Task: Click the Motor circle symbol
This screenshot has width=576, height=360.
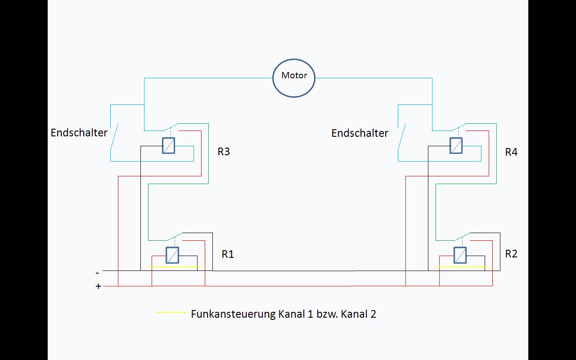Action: [x=294, y=77]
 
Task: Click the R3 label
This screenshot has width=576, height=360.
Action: [x=224, y=152]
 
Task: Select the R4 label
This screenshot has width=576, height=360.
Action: [x=511, y=152]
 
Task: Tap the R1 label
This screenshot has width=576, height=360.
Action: [x=228, y=254]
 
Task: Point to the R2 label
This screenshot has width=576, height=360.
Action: [x=511, y=254]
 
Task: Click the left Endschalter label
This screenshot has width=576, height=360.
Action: [x=79, y=133]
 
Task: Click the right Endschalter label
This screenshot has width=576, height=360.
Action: [x=360, y=133]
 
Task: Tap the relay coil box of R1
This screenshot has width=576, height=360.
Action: [x=172, y=255]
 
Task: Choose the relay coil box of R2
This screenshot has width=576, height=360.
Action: [x=460, y=255]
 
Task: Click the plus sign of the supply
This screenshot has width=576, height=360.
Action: [x=99, y=286]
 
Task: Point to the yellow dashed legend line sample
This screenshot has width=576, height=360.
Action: [x=171, y=312]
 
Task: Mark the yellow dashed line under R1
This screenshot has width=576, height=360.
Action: [x=174, y=267]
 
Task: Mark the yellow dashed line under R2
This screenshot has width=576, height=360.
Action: [x=462, y=267]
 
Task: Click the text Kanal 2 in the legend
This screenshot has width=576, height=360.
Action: [x=358, y=314]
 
